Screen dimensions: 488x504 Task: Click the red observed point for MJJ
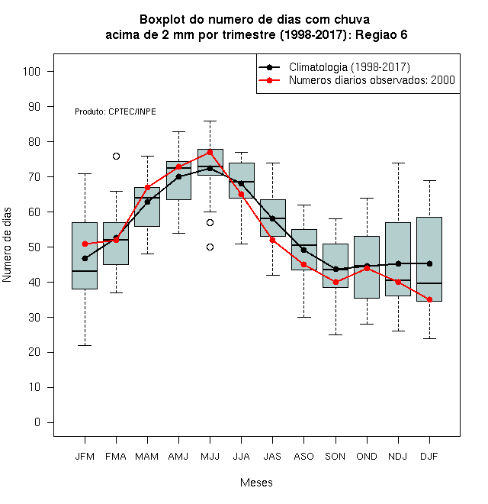[210, 152]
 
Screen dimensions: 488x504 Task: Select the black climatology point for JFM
[85, 258]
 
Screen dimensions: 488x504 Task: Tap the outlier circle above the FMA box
[116, 157]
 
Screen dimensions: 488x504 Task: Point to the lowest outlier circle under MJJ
[210, 247]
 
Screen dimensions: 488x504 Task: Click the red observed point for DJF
[429, 299]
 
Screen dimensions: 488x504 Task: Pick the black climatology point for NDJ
[399, 263]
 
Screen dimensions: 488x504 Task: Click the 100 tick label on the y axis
[31, 71]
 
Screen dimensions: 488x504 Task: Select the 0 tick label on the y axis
[37, 422]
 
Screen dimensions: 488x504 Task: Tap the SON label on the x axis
[335, 457]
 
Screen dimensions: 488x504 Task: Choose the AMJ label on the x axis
[178, 457]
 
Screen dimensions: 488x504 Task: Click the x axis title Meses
[256, 483]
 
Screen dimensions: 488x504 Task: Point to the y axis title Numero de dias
[7, 245]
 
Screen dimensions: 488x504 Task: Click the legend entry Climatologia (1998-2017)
[349, 67]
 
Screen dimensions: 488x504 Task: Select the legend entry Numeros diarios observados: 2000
[372, 80]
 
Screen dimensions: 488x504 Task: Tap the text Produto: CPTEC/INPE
[115, 111]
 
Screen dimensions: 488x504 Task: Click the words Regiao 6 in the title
[381, 34]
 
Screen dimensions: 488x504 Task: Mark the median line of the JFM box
[85, 271]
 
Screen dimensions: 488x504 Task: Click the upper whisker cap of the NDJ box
[399, 163]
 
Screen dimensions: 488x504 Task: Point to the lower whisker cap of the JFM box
[85, 345]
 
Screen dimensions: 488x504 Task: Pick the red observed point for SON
[335, 282]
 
